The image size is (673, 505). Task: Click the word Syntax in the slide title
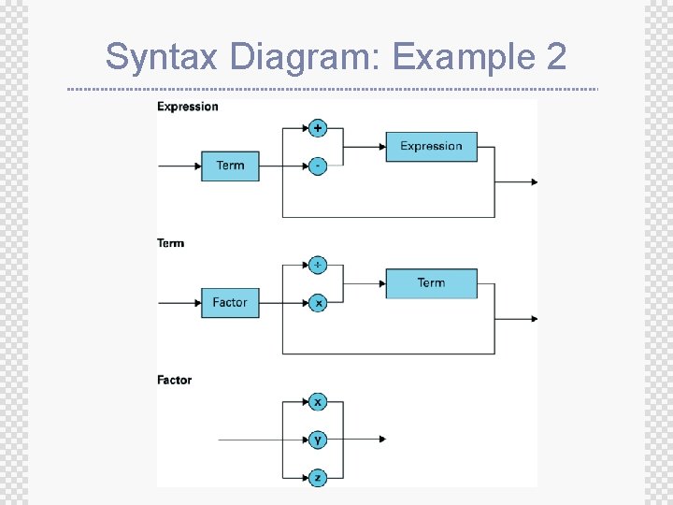pyautogui.click(x=162, y=57)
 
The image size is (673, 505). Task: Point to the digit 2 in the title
pyautogui.click(x=554, y=57)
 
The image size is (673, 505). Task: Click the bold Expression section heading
pyautogui.click(x=187, y=107)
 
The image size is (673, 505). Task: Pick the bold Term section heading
pyautogui.click(x=171, y=243)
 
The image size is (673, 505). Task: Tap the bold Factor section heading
pyautogui.click(x=174, y=380)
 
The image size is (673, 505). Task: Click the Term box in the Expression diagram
pyautogui.click(x=230, y=166)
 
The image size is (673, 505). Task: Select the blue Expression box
pyautogui.click(x=431, y=146)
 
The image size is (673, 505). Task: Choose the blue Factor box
pyautogui.click(x=230, y=303)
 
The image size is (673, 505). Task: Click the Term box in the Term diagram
pyautogui.click(x=431, y=282)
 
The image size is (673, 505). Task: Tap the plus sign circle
pyautogui.click(x=318, y=128)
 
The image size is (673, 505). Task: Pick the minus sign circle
pyautogui.click(x=318, y=166)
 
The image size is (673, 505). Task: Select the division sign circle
pyautogui.click(x=318, y=265)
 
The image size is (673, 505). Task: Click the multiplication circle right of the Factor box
pyautogui.click(x=318, y=303)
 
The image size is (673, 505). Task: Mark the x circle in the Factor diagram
pyautogui.click(x=318, y=402)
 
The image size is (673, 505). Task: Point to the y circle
pyautogui.click(x=318, y=440)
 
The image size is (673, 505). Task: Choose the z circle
pyautogui.click(x=318, y=477)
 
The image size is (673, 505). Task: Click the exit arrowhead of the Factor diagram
pyautogui.click(x=381, y=440)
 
